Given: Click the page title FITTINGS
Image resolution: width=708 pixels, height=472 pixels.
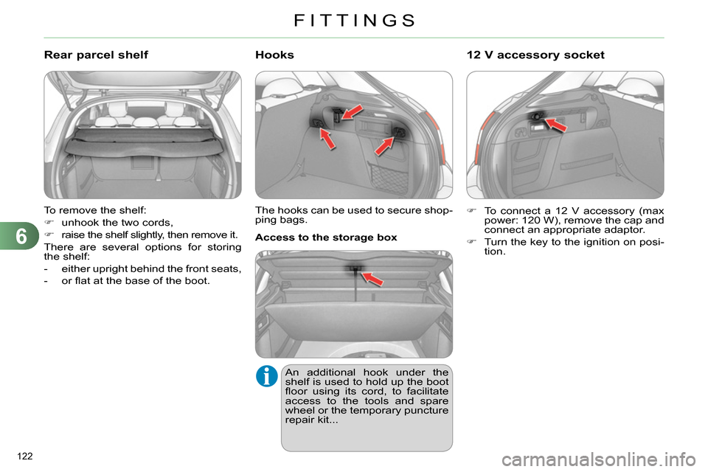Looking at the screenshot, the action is point(355,21).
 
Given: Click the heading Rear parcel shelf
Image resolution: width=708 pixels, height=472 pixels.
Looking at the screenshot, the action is point(96,55).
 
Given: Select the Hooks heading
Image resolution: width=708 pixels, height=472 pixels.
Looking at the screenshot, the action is point(274,55).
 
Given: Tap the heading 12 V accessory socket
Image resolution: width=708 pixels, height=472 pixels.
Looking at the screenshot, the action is point(535,55).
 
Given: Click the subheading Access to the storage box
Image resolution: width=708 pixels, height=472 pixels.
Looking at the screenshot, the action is point(326,237).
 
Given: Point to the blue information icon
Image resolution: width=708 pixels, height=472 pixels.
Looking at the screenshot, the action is point(267,376).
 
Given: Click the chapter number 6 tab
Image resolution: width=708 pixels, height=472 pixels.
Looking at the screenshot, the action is point(20,236).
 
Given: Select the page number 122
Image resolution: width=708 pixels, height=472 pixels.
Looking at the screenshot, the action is point(25,457).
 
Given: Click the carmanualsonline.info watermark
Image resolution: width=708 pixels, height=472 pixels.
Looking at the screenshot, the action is point(599,460).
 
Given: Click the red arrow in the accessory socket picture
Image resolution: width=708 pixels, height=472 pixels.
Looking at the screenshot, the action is point(556,125).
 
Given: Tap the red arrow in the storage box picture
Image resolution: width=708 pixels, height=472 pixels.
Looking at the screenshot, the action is point(372,279).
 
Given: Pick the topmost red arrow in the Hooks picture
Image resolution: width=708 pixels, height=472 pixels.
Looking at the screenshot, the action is point(353,112).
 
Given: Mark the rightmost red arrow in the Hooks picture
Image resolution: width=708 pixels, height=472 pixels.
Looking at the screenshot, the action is point(384,146).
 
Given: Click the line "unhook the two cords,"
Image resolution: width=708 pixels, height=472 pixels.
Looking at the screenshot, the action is point(117,223).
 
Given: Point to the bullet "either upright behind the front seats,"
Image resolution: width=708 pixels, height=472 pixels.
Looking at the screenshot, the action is point(142,268).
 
